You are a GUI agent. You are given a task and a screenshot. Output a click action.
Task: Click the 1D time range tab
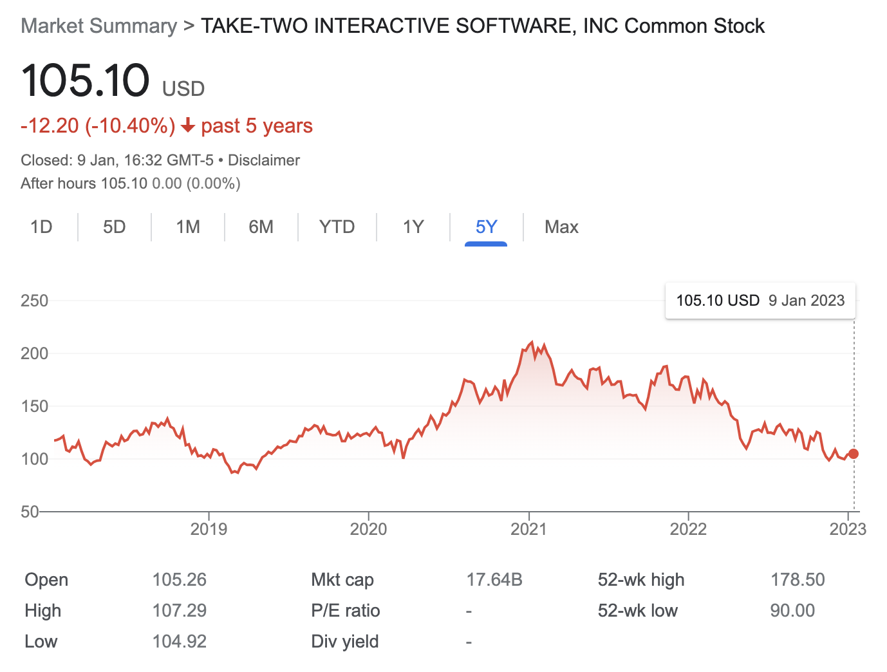tap(41, 227)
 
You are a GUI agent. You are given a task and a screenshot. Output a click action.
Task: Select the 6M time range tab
tap(261, 227)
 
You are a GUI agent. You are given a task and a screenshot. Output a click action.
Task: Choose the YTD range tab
tap(337, 227)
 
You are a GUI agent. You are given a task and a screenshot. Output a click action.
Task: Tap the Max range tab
tap(561, 227)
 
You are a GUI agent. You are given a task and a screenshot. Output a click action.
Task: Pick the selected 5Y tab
tap(486, 227)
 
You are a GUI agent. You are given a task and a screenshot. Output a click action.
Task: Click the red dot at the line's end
tap(854, 454)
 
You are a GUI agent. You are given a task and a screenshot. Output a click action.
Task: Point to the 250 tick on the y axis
tap(34, 301)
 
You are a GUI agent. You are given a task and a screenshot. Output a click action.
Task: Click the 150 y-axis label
tap(34, 406)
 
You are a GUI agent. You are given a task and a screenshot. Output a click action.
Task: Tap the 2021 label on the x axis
tap(528, 529)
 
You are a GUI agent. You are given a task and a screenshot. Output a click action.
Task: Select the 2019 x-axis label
tap(209, 529)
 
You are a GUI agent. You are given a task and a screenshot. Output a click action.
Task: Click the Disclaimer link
tap(264, 160)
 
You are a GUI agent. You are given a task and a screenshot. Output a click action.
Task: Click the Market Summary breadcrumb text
tap(98, 26)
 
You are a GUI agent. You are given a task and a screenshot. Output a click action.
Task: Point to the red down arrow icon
tap(188, 126)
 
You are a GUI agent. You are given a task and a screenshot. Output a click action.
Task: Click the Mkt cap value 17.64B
tap(494, 580)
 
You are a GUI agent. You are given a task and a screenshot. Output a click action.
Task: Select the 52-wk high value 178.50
tap(798, 580)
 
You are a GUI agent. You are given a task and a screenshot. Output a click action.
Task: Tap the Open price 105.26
tap(179, 580)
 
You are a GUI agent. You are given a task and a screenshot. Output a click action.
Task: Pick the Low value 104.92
tap(179, 642)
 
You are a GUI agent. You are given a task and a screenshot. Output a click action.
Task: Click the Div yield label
tap(344, 642)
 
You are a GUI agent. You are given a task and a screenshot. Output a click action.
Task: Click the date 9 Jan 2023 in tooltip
tap(807, 301)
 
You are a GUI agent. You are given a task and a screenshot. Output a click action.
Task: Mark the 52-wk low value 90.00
tap(792, 611)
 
